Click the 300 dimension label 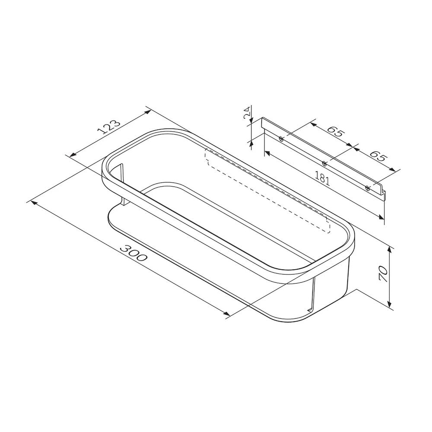click(x=134, y=253)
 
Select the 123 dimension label click(x=109, y=127)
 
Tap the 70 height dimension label click(x=383, y=273)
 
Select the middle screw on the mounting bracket click(x=324, y=163)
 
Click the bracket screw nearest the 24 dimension click(x=281, y=139)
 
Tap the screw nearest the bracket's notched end click(x=367, y=188)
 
